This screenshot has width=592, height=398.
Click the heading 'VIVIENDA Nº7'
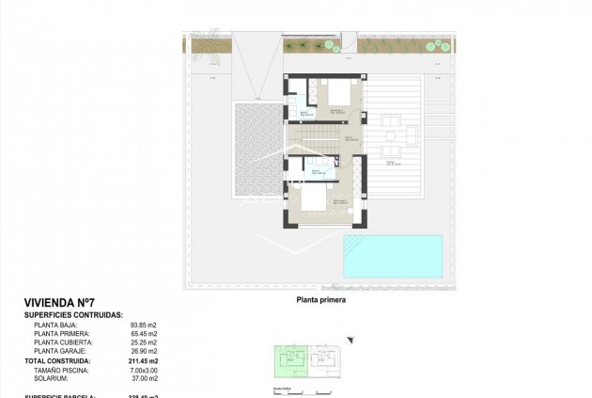pyautogui.click(x=57, y=303)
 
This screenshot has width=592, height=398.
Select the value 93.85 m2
pyautogui.click(x=144, y=325)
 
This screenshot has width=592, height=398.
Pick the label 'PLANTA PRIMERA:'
pyautogui.click(x=62, y=334)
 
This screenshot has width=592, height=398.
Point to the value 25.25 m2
pyautogui.click(x=144, y=342)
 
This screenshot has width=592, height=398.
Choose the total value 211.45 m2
pyautogui.click(x=143, y=360)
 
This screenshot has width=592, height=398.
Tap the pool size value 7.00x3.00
pyautogui.click(x=143, y=370)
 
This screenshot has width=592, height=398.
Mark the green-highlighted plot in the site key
pyautogui.click(x=285, y=362)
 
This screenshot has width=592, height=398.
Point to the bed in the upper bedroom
pyautogui.click(x=335, y=95)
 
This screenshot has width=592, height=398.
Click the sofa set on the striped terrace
pyautogui.click(x=396, y=140)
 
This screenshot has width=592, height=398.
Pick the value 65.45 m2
pyautogui.click(x=144, y=334)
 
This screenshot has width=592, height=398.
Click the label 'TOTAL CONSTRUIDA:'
pyautogui.click(x=58, y=360)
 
